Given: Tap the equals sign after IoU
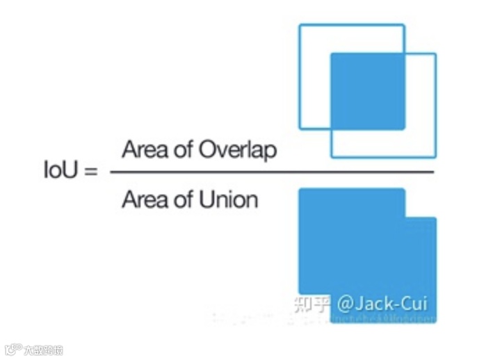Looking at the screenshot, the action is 90,171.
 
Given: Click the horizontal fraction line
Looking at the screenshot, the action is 271,172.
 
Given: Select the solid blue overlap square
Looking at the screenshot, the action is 367,91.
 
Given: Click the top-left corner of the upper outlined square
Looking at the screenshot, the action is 300,26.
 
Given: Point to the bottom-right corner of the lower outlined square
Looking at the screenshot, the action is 435,156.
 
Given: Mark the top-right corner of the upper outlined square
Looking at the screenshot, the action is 404,26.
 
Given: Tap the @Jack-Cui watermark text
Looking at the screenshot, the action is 382,304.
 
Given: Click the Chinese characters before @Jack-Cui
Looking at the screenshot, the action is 312,304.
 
